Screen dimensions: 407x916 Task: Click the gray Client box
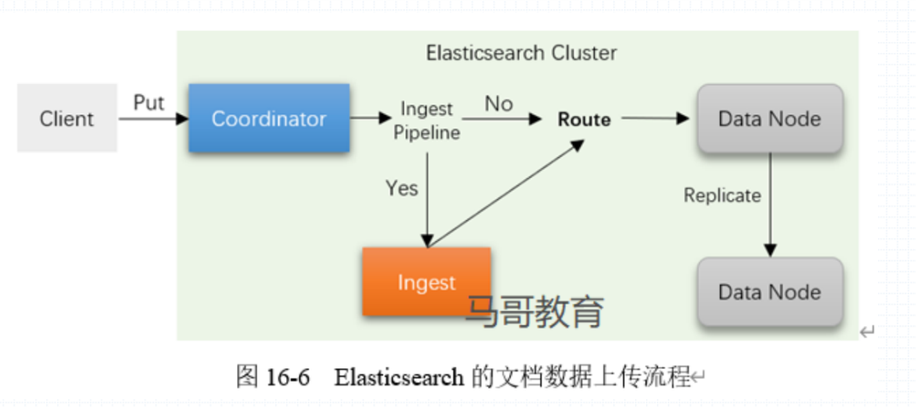pyautogui.click(x=66, y=119)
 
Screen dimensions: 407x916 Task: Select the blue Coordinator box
pyautogui.click(x=268, y=119)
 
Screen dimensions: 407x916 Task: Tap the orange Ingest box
pyautogui.click(x=426, y=283)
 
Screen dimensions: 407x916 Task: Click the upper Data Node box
pyautogui.click(x=769, y=119)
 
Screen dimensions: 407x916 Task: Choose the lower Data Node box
pyautogui.click(x=769, y=292)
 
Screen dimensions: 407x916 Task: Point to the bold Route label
pyautogui.click(x=584, y=119)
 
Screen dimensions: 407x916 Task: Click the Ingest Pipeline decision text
pyautogui.click(x=426, y=120)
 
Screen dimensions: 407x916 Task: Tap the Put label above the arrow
pyautogui.click(x=149, y=103)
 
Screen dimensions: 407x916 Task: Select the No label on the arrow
pyautogui.click(x=498, y=103)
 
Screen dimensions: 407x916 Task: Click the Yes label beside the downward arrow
pyautogui.click(x=401, y=188)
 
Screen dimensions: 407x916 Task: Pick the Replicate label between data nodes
pyautogui.click(x=722, y=195)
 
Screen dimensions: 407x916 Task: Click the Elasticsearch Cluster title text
pyautogui.click(x=521, y=53)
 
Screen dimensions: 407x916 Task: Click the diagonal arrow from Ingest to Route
pyautogui.click(x=505, y=193)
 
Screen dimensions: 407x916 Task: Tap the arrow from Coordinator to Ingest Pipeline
pyautogui.click(x=370, y=119)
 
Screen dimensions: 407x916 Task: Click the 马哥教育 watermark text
pyautogui.click(x=535, y=311)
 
